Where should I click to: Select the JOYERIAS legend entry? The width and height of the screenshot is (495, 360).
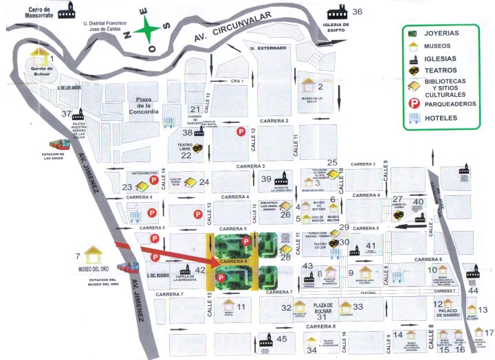[442, 32]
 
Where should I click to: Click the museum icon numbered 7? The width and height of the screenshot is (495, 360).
[93, 252]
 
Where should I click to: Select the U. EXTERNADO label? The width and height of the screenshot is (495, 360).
[267, 48]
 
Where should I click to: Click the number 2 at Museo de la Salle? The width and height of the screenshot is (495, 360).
[320, 86]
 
